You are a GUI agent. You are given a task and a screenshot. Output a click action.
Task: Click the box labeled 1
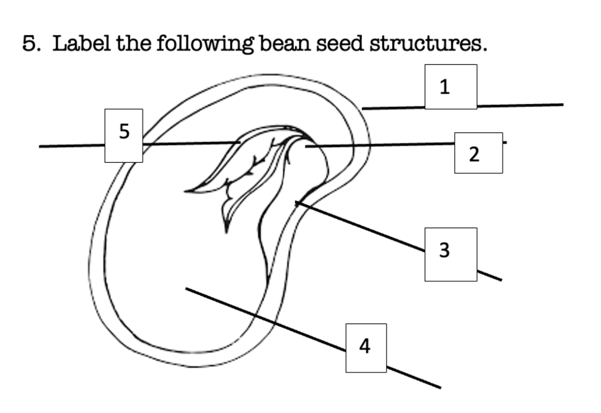(451, 87)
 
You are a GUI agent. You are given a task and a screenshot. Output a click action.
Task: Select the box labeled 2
(478, 153)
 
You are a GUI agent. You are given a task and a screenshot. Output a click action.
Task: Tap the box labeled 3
(451, 255)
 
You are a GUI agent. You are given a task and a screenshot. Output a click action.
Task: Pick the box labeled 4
(366, 348)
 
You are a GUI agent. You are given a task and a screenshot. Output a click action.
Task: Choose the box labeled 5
(124, 136)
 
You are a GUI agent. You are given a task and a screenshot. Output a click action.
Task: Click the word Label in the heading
(82, 43)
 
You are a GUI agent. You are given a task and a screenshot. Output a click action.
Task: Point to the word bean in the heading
(285, 43)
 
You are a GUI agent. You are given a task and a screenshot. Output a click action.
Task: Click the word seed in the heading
(340, 43)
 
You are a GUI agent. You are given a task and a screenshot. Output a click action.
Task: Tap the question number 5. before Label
(31, 43)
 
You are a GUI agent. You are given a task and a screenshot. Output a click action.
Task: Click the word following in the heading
(205, 44)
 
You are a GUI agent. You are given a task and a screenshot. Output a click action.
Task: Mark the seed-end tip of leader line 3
(296, 203)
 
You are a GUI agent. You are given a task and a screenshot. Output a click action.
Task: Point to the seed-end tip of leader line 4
(186, 288)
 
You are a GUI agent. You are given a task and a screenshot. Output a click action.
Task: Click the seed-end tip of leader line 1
(363, 109)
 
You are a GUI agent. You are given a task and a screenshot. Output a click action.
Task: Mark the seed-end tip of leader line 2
(306, 146)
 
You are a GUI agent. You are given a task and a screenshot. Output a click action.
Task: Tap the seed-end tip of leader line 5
(240, 142)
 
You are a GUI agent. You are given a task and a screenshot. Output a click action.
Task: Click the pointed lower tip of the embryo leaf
(226, 233)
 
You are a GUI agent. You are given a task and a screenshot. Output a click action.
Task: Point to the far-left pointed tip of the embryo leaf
(185, 191)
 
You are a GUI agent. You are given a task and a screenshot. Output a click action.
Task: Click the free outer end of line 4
(441, 388)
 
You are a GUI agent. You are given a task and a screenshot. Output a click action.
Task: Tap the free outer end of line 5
(39, 146)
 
